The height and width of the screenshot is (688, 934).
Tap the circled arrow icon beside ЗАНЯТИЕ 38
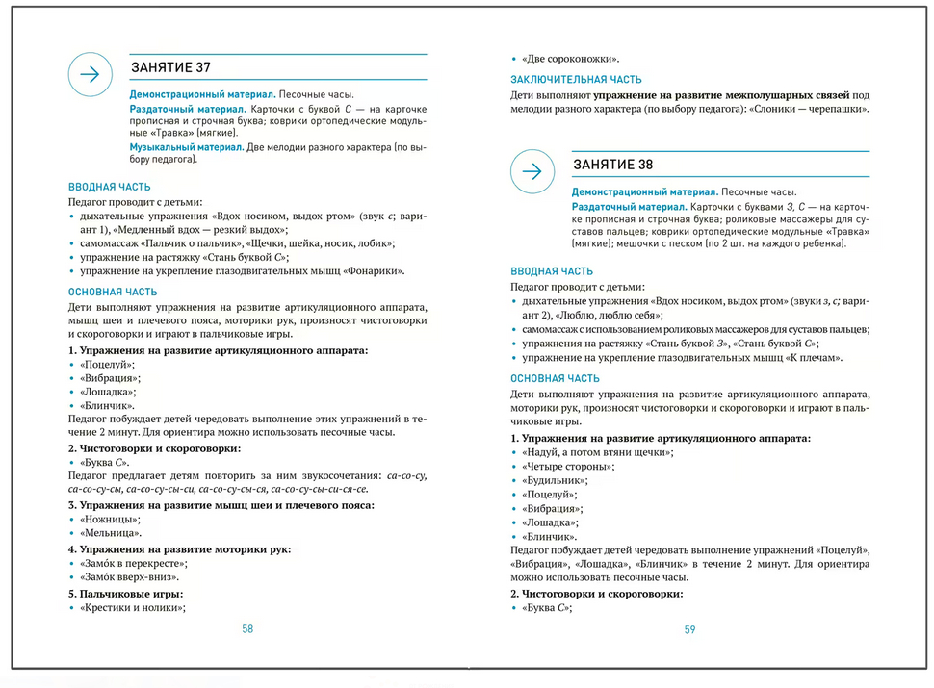[x=532, y=171]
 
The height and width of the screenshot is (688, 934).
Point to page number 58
[x=247, y=628]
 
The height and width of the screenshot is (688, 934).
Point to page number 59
[x=689, y=629]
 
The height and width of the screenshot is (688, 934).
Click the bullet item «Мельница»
[x=111, y=533]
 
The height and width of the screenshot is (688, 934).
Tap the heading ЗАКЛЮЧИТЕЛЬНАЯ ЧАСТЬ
[x=576, y=80]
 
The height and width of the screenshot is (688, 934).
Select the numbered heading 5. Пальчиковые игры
[x=125, y=593]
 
